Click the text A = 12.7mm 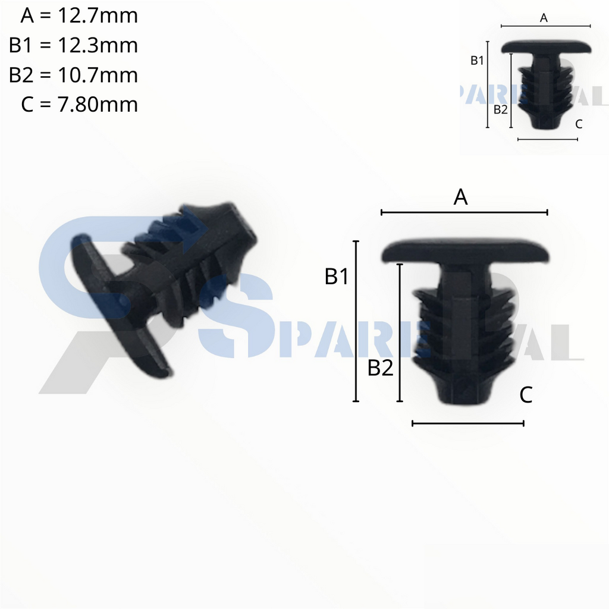click(x=79, y=16)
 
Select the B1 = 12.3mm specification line click(x=73, y=45)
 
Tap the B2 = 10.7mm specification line click(x=73, y=75)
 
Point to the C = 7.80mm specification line click(x=79, y=105)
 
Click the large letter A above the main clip click(x=461, y=197)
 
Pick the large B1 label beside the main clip click(x=337, y=277)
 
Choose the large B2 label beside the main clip click(x=381, y=369)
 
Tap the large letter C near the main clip click(x=526, y=394)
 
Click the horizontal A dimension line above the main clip click(x=464, y=212)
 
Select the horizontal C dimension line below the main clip click(x=467, y=423)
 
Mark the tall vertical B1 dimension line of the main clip click(x=356, y=321)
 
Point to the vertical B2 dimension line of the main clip click(x=400, y=333)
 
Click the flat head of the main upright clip click(x=465, y=251)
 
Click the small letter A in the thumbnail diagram click(x=544, y=18)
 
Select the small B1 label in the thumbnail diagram click(x=477, y=60)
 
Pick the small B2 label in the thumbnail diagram click(x=501, y=109)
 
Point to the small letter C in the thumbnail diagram click(x=579, y=124)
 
